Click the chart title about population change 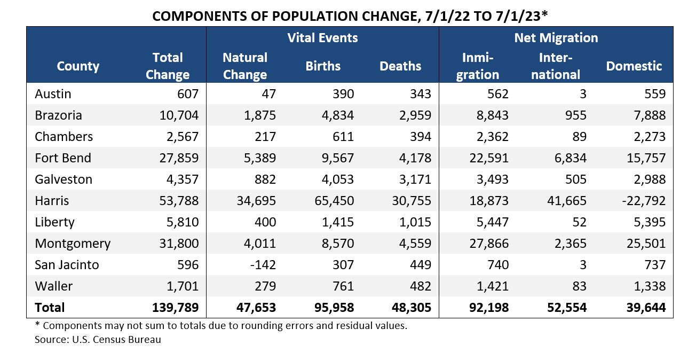point(350,15)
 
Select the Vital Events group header point(322,38)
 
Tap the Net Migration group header point(556,38)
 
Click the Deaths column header point(400,66)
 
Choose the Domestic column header point(634,66)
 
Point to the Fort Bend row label point(63,158)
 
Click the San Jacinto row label point(67,265)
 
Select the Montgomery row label point(73,244)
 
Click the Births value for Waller point(341,286)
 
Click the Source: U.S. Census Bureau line point(98,339)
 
